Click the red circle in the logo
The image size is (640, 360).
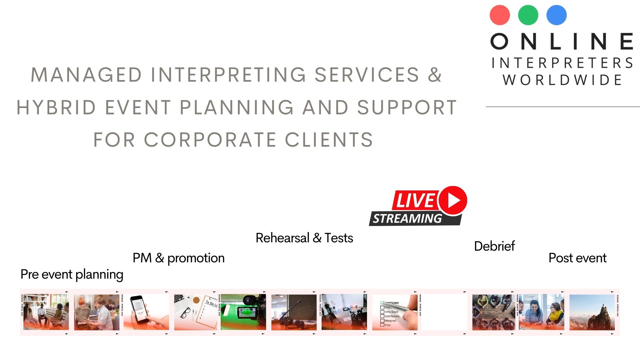coord(500,15)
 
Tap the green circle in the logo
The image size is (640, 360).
coord(528,15)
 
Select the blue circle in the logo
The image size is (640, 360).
coord(556,15)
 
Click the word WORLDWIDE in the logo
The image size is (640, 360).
coord(563,80)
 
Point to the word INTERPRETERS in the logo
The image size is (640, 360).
coord(563,63)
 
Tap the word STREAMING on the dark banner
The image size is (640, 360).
coord(407,219)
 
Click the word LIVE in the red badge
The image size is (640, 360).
coord(415,200)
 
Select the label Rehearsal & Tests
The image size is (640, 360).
coord(304,238)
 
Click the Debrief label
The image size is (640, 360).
coord(494,246)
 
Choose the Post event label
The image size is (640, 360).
coord(577,258)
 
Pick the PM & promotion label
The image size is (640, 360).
coord(178,258)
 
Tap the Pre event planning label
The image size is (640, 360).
coord(72,274)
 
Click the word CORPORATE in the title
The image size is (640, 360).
coord(210,140)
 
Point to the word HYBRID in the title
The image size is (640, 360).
coord(56,107)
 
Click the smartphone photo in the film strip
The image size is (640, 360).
coord(146,312)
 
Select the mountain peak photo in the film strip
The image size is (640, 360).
coord(592,312)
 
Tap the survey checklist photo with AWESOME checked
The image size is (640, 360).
coord(395,312)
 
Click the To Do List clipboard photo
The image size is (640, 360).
coord(196,312)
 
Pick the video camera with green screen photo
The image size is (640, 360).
coord(243,312)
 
